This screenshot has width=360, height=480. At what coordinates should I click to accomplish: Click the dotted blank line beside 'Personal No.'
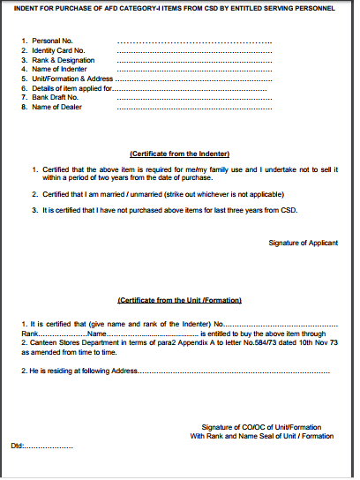coord(193,42)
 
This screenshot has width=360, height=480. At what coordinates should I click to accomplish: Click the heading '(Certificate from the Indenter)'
coord(179,154)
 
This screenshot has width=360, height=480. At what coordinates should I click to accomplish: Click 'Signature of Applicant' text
coord(303,241)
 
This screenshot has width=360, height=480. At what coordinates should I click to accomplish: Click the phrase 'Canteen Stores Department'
coord(68,342)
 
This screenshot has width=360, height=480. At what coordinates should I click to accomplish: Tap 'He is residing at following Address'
coord(83,371)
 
